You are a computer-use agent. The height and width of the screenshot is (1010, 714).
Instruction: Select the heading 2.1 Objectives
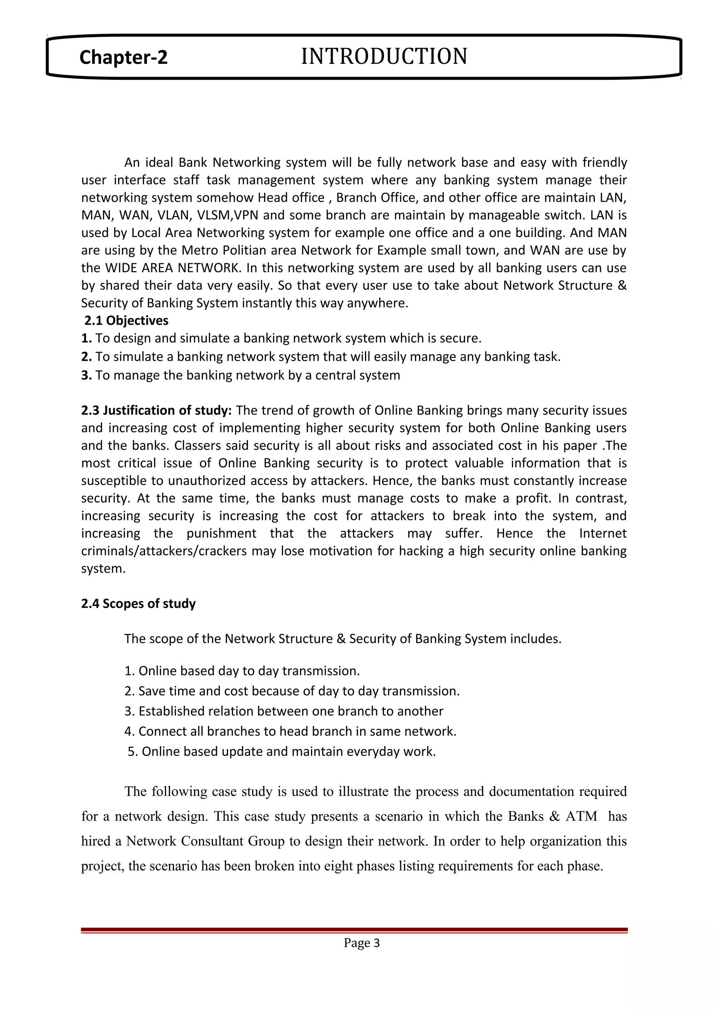point(126,321)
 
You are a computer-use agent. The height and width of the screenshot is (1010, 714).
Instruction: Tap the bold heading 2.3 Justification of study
point(156,411)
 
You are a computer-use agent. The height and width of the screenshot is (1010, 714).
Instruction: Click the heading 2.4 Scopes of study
point(138,604)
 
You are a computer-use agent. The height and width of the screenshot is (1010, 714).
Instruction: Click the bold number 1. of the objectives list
point(86,338)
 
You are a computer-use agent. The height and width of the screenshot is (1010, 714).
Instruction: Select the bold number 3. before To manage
point(86,375)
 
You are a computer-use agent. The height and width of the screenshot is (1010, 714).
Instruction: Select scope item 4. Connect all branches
point(290,731)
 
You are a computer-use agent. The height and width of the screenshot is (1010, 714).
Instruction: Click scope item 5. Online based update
point(282,751)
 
